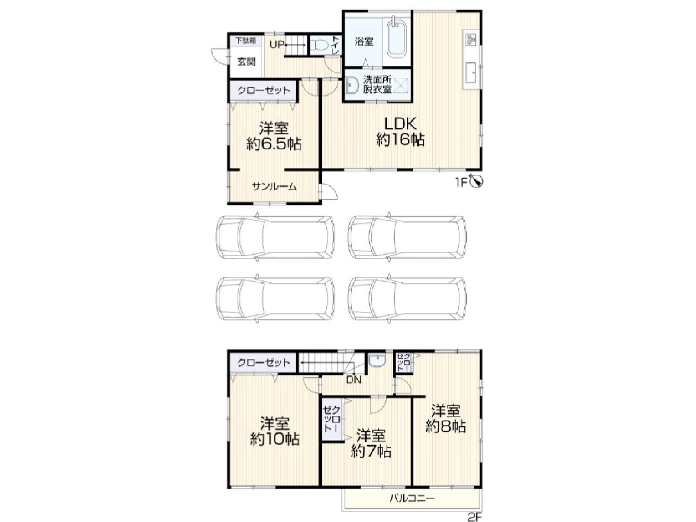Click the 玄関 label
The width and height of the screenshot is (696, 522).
pos(246,61)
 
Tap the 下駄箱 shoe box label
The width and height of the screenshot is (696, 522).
pos(246,40)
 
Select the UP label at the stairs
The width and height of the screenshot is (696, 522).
pos(277,45)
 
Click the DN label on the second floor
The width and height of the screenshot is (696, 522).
pos(354,379)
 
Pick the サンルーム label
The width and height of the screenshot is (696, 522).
pos(274,187)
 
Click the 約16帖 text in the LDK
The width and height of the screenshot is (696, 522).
pos(400,140)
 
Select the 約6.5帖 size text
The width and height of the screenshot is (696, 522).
pos(274,144)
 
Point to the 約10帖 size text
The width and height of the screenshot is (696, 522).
pos(274,440)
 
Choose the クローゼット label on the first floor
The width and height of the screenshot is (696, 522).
pos(264,90)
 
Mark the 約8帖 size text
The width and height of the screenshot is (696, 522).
pos(445,427)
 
